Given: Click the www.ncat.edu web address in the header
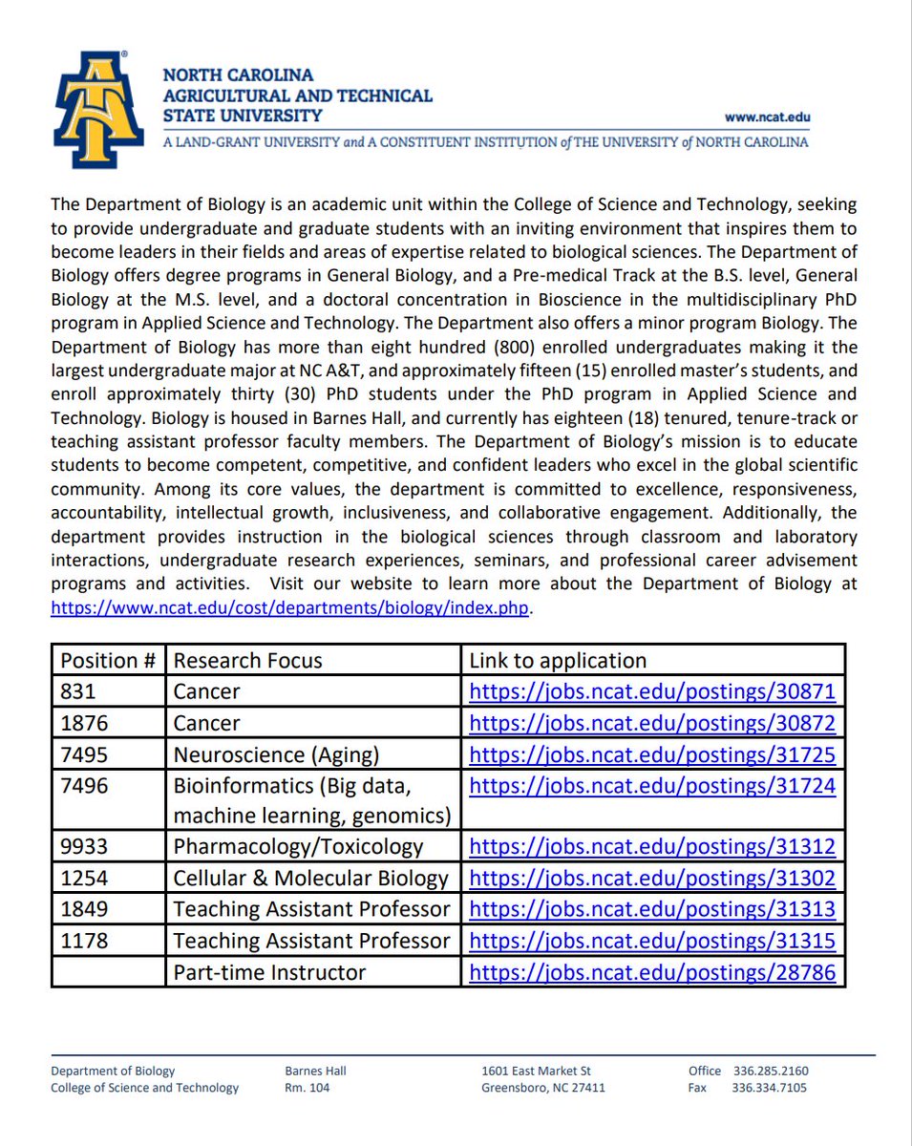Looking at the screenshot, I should [x=767, y=117].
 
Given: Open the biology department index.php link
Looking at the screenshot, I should [x=289, y=608].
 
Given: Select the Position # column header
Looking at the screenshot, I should [x=106, y=660].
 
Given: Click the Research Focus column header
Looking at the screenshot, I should [x=247, y=660].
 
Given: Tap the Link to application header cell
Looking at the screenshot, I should [x=558, y=660].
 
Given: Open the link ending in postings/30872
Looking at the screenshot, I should [x=651, y=723].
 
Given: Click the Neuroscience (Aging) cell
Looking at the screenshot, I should [x=276, y=755].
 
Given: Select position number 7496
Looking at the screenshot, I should [x=84, y=786].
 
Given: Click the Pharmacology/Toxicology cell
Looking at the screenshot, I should [x=297, y=846].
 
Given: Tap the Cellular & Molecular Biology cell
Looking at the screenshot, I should [x=310, y=878].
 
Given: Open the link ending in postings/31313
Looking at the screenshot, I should [x=651, y=909].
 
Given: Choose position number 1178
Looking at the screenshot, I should [x=84, y=941].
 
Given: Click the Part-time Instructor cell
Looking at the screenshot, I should [x=269, y=972].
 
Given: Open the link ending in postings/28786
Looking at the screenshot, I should [x=651, y=972].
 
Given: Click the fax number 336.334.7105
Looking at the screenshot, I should [x=770, y=1088].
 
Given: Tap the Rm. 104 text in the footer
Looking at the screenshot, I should [x=307, y=1088].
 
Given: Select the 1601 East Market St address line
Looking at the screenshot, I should [x=537, y=1071].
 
